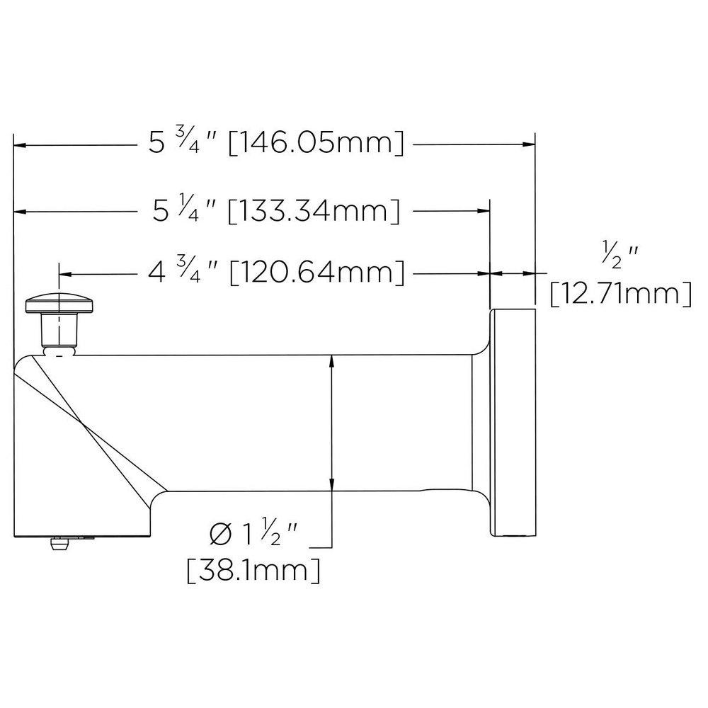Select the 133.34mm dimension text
313,211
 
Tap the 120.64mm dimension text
317,273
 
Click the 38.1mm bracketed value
253,569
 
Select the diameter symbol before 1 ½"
220,535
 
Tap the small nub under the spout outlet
57,544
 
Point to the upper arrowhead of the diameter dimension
332,362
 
